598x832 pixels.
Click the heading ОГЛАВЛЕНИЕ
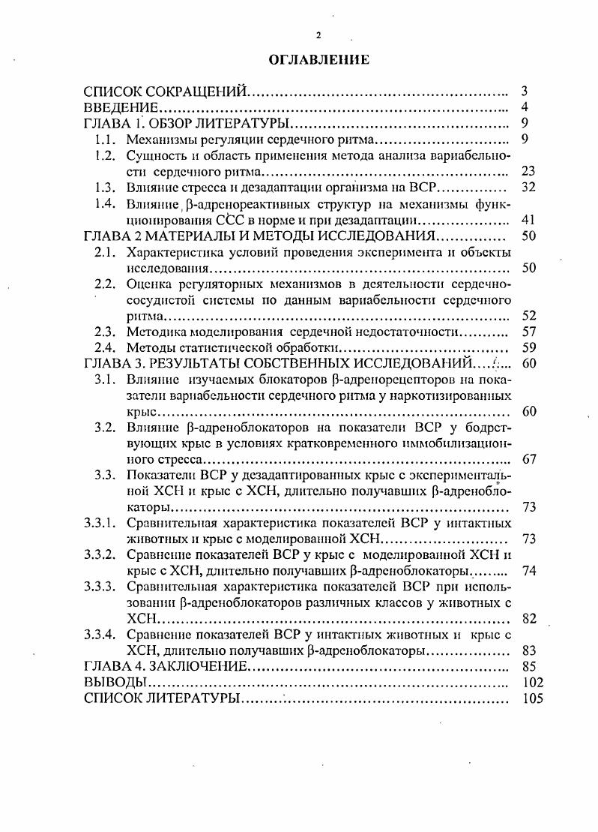click(318, 60)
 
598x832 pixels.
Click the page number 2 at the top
click(318, 35)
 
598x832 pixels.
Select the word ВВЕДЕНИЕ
click(119, 108)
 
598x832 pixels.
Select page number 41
click(528, 221)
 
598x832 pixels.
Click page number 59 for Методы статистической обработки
click(528, 347)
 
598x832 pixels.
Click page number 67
click(528, 460)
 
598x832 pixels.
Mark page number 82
click(528, 618)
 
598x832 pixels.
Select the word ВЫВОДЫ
click(115, 683)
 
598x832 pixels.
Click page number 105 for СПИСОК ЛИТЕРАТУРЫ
click(531, 698)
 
